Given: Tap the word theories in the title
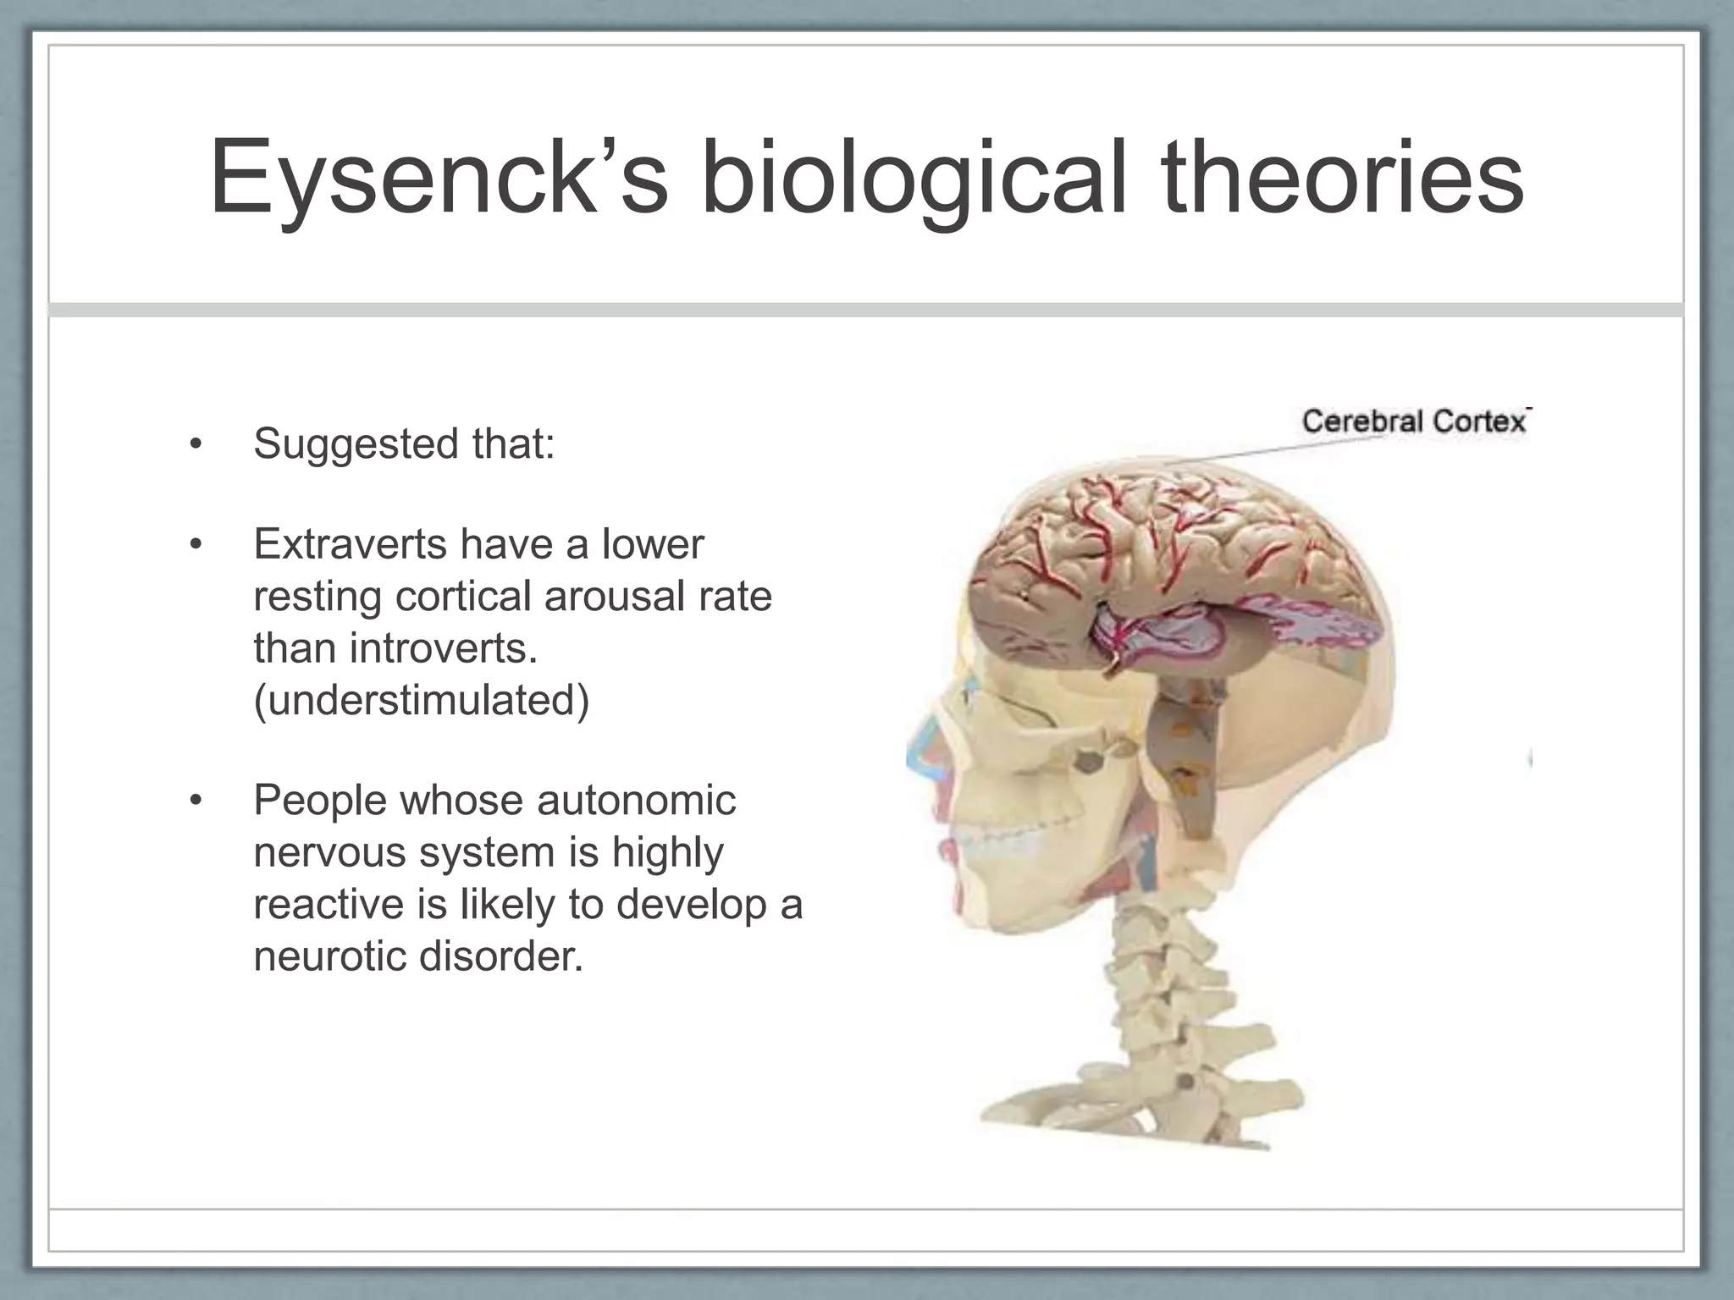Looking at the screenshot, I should tap(1343, 180).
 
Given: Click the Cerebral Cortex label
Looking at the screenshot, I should tap(1414, 421).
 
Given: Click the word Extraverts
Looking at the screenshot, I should tap(350, 544).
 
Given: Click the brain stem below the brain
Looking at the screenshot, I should tap(1185, 762).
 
